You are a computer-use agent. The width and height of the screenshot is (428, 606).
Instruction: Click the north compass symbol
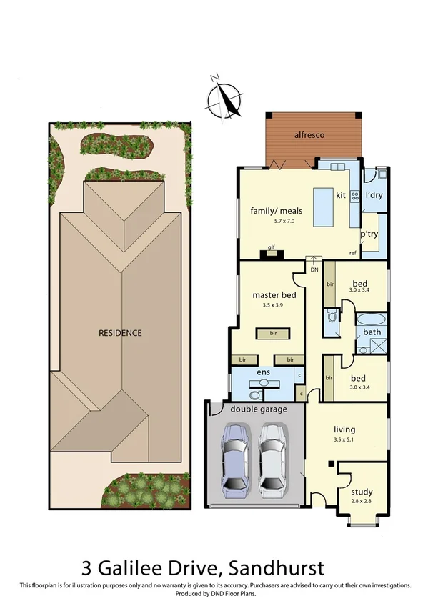(x=227, y=96)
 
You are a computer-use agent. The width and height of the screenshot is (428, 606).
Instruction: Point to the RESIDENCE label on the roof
(x=120, y=333)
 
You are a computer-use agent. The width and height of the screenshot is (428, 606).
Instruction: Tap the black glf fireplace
(x=272, y=254)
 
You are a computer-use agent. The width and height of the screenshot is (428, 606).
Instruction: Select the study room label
(x=362, y=492)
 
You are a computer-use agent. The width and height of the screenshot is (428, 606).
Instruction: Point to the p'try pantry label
(x=369, y=234)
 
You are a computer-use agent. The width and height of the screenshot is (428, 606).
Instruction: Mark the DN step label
(x=314, y=269)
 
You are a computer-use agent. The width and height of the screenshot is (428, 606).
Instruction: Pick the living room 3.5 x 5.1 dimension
(x=344, y=439)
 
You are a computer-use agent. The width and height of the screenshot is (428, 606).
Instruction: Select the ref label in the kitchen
(x=353, y=254)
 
